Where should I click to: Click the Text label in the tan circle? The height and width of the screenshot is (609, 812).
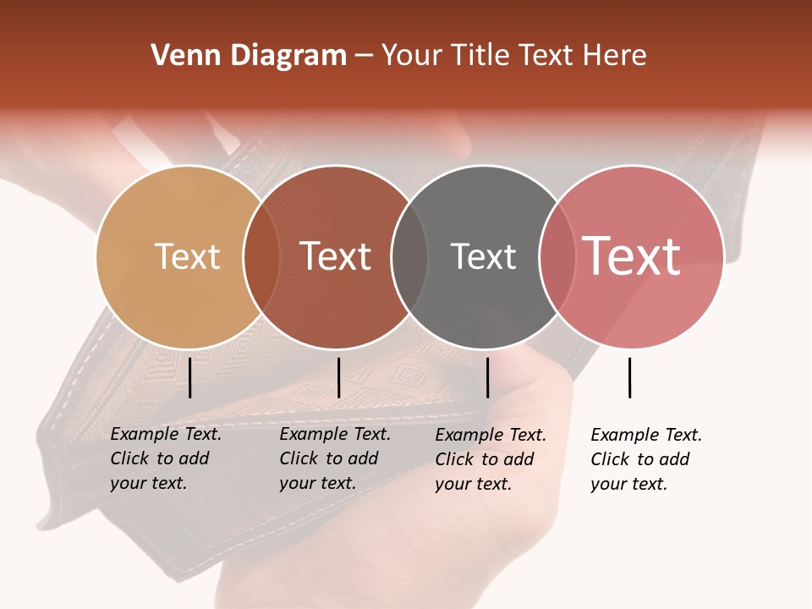[187, 256]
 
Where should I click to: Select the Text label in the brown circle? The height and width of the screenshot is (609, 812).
[336, 256]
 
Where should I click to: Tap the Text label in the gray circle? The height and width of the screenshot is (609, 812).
[483, 256]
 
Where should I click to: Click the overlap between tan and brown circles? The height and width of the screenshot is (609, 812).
[261, 256]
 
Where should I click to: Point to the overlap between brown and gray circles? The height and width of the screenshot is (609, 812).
[409, 256]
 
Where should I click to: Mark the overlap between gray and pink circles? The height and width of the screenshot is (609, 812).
[557, 256]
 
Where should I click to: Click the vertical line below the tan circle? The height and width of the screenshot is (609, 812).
[190, 377]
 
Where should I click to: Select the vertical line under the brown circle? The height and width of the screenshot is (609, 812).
[338, 377]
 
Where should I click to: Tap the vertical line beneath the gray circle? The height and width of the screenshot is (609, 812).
[487, 377]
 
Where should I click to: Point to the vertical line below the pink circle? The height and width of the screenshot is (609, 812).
[629, 377]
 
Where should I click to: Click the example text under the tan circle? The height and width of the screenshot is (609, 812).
[166, 458]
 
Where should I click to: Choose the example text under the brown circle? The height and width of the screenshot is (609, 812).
[335, 458]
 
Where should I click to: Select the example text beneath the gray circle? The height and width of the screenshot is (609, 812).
[491, 459]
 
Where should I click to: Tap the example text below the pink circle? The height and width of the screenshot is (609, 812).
[646, 459]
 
